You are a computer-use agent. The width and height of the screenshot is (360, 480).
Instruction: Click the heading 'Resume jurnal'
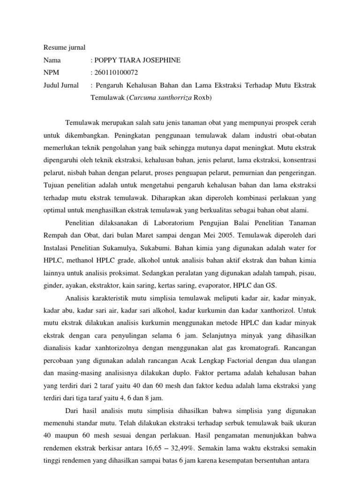coord(65,47)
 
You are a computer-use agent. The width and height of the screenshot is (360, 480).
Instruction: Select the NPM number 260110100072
coord(117,73)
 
